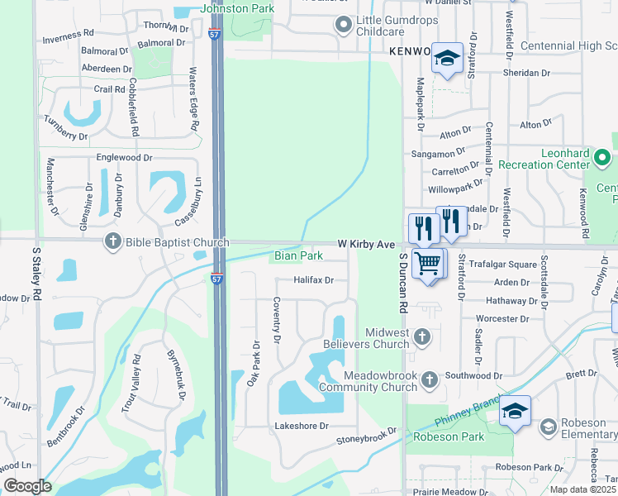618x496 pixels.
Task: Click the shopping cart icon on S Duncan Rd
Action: click(428, 265)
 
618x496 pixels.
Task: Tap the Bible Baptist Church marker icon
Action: click(112, 242)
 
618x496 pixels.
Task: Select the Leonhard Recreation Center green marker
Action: click(602, 157)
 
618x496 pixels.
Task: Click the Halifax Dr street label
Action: click(313, 280)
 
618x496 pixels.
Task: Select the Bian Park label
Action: click(299, 256)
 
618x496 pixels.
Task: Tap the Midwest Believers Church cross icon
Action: click(422, 336)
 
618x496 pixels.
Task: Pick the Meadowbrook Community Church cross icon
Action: click(429, 379)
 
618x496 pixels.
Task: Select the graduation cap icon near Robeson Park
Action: click(514, 411)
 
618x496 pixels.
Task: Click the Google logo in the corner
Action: click(27, 486)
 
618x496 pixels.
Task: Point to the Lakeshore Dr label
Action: click(302, 426)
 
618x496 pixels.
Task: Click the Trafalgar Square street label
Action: click(503, 265)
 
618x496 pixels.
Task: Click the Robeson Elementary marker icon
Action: click(547, 427)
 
